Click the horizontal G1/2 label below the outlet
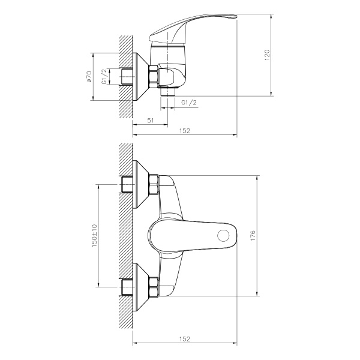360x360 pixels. (x=188, y=103)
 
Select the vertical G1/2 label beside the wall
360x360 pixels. (x=104, y=77)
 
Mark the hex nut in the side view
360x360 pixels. (x=153, y=77)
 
